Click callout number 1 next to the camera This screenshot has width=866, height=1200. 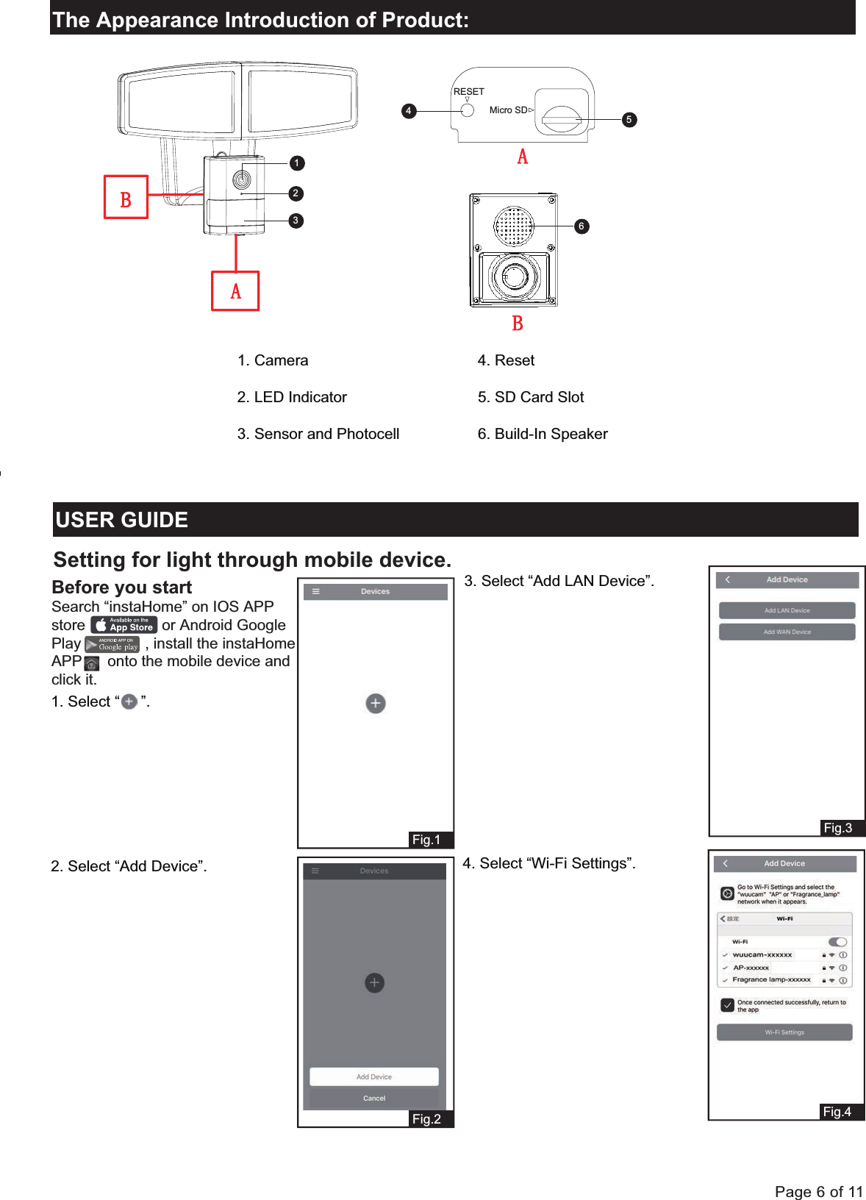coord(296,163)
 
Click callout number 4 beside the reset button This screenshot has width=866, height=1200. coord(409,111)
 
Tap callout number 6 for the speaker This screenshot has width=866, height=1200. coord(581,226)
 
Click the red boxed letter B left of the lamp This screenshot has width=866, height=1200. coord(126,197)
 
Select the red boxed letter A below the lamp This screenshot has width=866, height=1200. coord(235,291)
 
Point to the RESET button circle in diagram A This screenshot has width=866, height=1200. coord(467,111)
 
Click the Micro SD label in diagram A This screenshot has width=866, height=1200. coord(508,110)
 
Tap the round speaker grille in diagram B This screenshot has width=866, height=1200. coord(513,226)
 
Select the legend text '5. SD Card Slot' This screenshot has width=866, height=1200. coord(530,397)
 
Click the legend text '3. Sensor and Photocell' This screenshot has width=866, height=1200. coord(318,434)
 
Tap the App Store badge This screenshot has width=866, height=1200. coord(124,625)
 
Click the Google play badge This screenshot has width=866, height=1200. coord(112,645)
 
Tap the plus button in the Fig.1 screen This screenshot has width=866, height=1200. coord(376,703)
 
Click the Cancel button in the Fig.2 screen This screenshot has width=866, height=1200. coord(374,1098)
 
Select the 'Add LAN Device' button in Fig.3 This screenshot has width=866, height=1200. coord(787,610)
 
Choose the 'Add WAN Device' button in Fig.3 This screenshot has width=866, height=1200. coord(787,632)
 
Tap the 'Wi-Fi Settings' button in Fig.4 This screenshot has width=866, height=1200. coord(784,1032)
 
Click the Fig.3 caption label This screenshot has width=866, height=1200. coord(838,828)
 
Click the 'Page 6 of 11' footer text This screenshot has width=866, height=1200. coord(818,1192)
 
